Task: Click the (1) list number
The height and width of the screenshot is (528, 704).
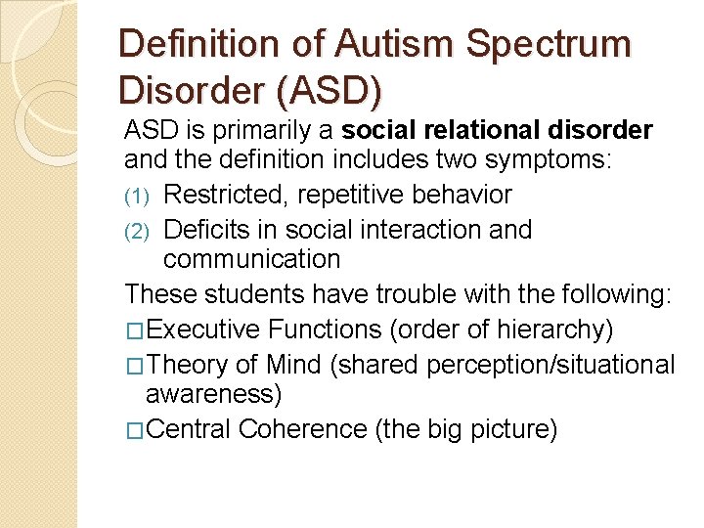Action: point(137,196)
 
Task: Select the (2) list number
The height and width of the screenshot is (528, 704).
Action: point(137,231)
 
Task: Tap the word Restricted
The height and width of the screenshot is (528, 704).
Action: point(226,195)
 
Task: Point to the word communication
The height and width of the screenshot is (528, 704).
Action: point(251,259)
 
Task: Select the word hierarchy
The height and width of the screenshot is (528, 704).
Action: point(552,330)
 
